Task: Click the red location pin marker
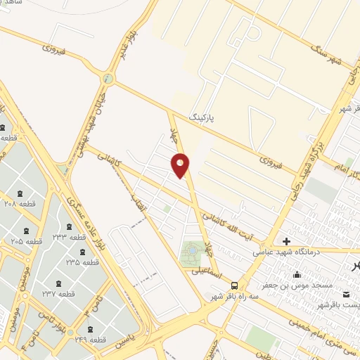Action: pos(181,166)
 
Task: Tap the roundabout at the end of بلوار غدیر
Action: pos(108,78)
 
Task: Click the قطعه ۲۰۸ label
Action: pos(19,205)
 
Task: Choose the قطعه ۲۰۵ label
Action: pos(27,241)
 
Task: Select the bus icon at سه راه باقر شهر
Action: pos(234,285)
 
